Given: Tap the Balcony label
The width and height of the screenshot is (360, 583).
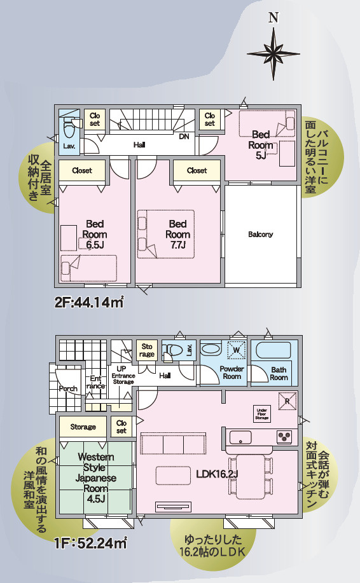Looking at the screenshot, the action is (x=260, y=234).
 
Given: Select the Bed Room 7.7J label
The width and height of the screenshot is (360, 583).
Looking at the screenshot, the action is (x=177, y=234).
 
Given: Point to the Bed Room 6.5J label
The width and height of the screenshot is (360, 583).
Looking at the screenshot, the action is (x=95, y=234).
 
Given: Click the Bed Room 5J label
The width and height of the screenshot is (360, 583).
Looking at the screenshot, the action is (x=261, y=144).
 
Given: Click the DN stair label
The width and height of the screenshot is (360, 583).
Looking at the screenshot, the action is (x=184, y=137).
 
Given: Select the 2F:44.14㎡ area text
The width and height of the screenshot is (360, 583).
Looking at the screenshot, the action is (x=89, y=303).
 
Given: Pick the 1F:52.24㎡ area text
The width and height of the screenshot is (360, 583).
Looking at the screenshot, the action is (x=90, y=544).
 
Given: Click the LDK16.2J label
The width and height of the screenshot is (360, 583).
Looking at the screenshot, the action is (x=217, y=474).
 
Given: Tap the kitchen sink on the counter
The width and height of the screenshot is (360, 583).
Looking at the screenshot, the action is (x=240, y=437).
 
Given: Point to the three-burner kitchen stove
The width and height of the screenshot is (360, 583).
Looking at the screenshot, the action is (x=285, y=437).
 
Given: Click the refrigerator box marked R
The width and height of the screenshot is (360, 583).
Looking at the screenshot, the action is (x=287, y=401).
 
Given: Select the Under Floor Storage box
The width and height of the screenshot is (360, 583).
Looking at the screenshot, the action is (x=262, y=413).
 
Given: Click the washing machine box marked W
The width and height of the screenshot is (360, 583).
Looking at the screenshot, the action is (x=237, y=350).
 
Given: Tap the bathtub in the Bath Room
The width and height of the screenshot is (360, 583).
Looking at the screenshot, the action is (x=273, y=350).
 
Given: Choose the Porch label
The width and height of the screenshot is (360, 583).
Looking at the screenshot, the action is (x=69, y=388).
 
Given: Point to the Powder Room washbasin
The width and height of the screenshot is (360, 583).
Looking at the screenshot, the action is (x=211, y=350).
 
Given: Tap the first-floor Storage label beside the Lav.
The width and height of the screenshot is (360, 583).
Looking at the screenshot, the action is (x=146, y=350).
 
